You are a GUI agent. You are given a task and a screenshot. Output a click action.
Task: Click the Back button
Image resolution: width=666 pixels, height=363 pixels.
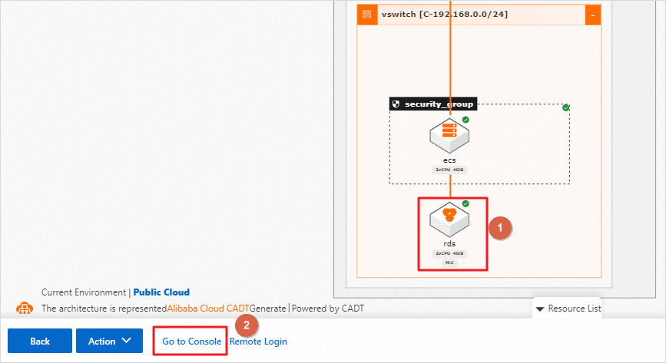(x=40, y=342)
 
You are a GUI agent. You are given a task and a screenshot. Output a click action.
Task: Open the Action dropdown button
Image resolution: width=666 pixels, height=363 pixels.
(x=109, y=342)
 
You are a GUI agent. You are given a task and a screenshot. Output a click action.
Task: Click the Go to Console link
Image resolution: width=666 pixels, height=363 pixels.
(x=191, y=342)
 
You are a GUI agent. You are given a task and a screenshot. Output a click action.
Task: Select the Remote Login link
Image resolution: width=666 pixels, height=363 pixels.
(x=259, y=342)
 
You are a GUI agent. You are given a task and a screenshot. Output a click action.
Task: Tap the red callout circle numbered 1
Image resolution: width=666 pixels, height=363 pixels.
(x=500, y=228)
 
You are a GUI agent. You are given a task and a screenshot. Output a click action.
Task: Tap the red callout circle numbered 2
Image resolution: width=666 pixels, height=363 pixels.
(x=246, y=325)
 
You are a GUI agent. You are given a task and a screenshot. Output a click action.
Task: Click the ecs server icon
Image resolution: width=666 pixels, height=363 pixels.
(x=449, y=136)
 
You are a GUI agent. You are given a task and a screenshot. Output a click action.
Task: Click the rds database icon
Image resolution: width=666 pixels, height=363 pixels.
(x=449, y=221)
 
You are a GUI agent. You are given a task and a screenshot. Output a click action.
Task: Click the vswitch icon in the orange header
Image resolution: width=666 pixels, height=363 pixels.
(x=367, y=15)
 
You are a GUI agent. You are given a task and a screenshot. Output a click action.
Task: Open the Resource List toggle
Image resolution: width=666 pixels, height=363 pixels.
(x=568, y=309)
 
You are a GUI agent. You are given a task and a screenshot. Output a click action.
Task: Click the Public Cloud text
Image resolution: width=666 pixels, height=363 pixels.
(x=161, y=292)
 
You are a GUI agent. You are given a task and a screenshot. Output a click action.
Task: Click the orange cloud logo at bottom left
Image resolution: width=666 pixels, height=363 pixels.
(x=25, y=309)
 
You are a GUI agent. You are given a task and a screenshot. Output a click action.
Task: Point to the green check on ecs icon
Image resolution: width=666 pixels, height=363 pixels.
(x=466, y=120)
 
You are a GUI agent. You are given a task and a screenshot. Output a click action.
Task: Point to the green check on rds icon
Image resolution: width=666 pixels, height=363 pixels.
(x=466, y=203)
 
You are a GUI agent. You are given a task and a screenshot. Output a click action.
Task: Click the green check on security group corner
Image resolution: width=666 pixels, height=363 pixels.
(x=566, y=107)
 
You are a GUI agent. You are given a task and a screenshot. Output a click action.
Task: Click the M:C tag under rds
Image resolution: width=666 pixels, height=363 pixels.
(x=449, y=262)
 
